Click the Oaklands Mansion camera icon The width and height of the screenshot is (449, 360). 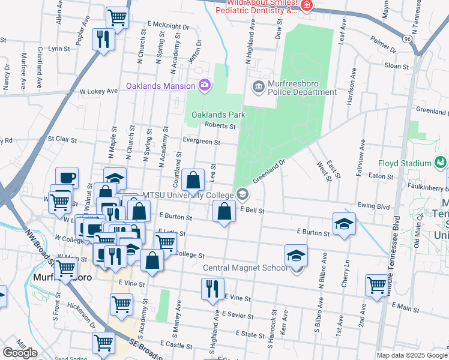pos(205,85)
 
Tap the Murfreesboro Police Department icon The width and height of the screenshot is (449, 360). pos(259,87)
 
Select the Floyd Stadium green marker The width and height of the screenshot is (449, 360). pos(441,163)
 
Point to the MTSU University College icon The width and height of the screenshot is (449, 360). pos(243,194)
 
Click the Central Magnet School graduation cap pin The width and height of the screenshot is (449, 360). pos(296,256)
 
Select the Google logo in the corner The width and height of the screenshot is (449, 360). pos(20,352)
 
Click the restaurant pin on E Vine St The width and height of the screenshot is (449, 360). pos(212,289)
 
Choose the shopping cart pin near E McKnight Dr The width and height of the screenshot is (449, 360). pos(117,17)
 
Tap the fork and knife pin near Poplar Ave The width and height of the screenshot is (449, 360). pos(103,40)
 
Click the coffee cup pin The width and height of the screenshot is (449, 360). pos(67,178)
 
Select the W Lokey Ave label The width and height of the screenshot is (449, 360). pos(98,92)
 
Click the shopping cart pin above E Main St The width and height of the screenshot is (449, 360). pos(377,286)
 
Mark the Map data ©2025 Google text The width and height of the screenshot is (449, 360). pos(411,355)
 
